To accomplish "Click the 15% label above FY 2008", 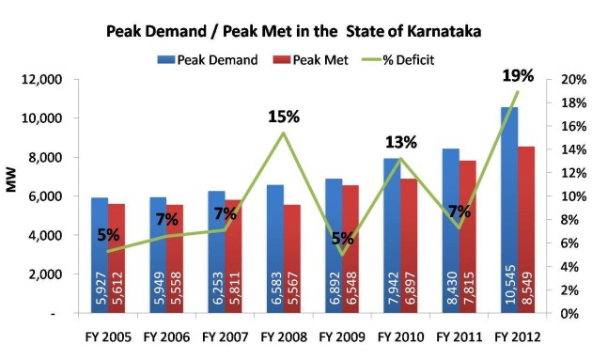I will (x=282, y=117).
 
